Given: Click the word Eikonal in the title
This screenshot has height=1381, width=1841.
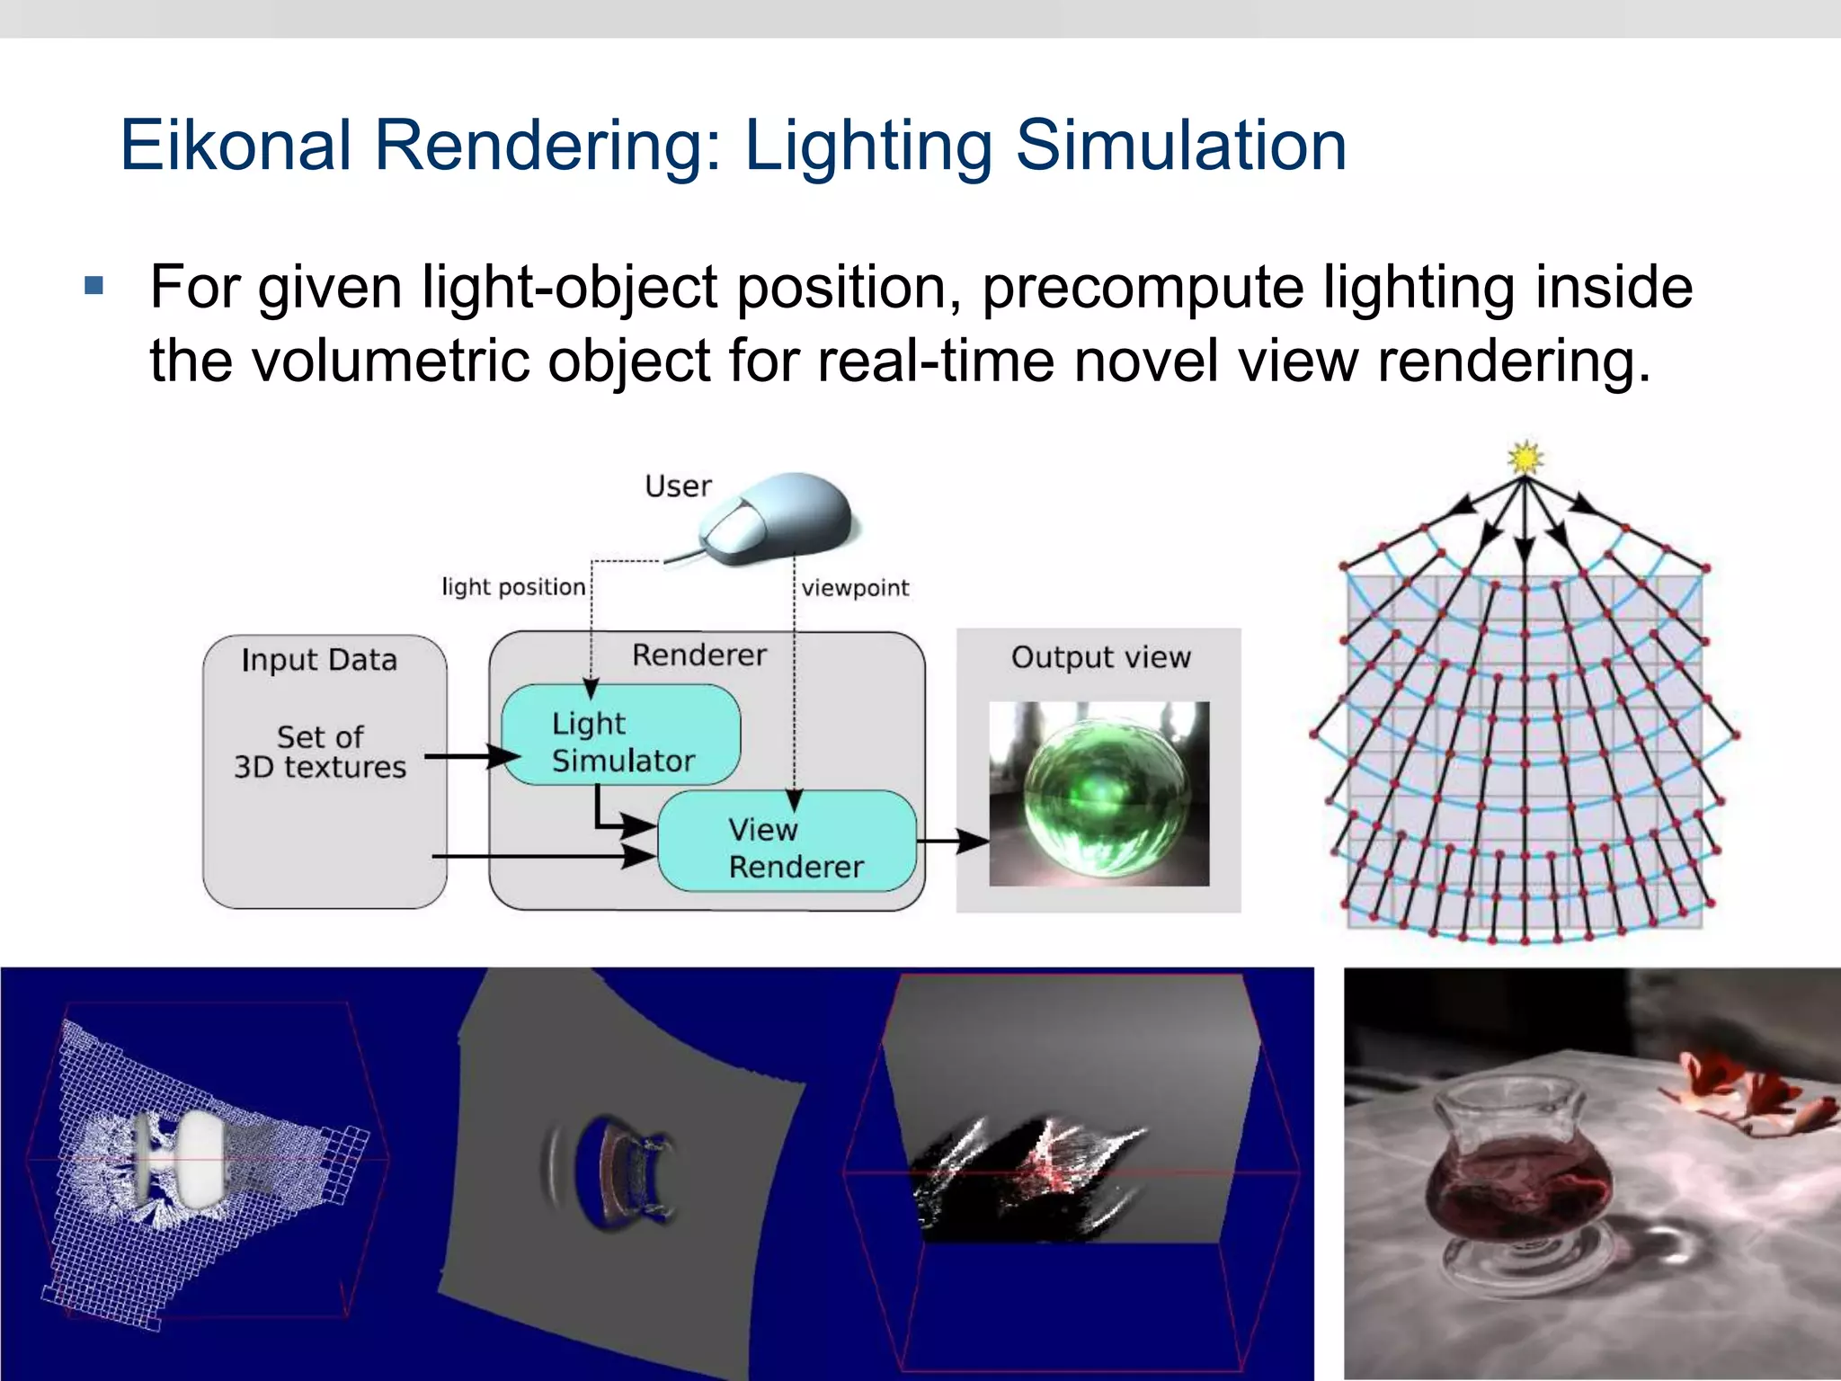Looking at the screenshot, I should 236,146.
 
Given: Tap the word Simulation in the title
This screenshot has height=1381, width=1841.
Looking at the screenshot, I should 1181,146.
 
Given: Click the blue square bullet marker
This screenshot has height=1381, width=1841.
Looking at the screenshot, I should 93,288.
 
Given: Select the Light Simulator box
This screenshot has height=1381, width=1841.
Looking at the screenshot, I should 620,735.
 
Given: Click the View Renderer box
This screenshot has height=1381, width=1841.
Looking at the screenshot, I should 787,842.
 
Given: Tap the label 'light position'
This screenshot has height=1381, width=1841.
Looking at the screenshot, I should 513,587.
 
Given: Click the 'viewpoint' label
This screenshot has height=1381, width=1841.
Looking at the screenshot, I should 855,588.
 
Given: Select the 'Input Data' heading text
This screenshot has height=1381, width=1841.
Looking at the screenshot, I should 319,660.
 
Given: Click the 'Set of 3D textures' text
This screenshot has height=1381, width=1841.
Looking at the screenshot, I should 320,752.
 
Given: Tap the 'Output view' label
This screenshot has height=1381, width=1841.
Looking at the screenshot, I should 1100,657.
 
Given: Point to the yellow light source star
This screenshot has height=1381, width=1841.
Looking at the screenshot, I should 1525,458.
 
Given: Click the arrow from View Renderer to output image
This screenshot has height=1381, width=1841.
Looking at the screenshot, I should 953,842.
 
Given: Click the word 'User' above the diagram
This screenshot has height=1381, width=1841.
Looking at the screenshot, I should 678,486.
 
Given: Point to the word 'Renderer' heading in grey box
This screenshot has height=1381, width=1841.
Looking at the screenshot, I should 699,655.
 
